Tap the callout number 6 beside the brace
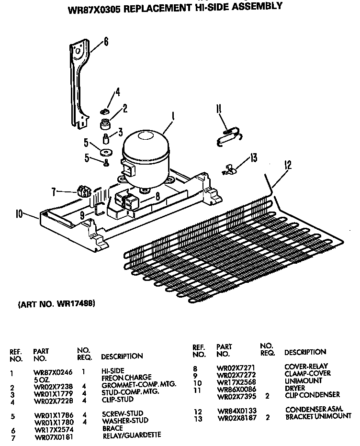pyautogui.click(x=106, y=42)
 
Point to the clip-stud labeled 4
pyautogui.click(x=104, y=111)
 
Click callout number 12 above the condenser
pyautogui.click(x=288, y=166)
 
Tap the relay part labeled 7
pyautogui.click(x=84, y=192)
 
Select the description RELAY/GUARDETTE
pyautogui.click(x=131, y=435)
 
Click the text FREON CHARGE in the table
pyautogui.click(x=126, y=378)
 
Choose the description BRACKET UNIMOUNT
pyautogui.click(x=318, y=416)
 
